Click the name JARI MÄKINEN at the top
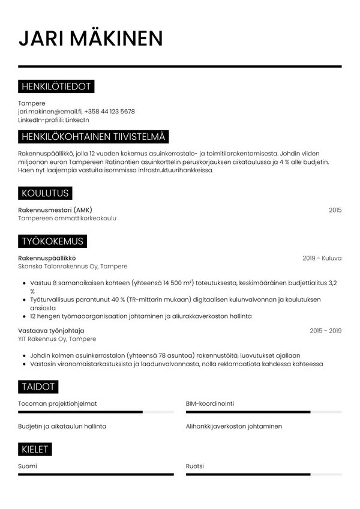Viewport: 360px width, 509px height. pyautogui.click(x=91, y=38)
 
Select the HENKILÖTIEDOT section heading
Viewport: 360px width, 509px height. pyautogui.click(x=56, y=87)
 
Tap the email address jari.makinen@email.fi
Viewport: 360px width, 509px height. pyautogui.click(x=50, y=112)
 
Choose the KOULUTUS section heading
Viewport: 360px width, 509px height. pyautogui.click(x=45, y=193)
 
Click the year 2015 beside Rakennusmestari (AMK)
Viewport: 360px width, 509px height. pyautogui.click(x=335, y=210)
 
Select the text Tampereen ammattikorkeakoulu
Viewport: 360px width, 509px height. pyautogui.click(x=67, y=218)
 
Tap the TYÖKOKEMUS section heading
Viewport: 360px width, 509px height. pyautogui.click(x=52, y=241)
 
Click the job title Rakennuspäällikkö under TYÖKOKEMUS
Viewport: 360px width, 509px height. pyautogui.click(x=51, y=258)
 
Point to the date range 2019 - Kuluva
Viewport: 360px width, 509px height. pyautogui.click(x=322, y=258)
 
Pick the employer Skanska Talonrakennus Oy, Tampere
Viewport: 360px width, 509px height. pyautogui.click(x=73, y=267)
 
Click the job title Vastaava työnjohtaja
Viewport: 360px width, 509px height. pyautogui.click(x=51, y=331)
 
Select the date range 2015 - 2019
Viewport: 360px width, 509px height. pyautogui.click(x=325, y=331)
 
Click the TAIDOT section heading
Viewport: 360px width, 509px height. pyautogui.click(x=38, y=387)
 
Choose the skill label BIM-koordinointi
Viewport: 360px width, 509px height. pyautogui.click(x=210, y=403)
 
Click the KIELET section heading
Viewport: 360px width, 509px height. pyautogui.click(x=35, y=450)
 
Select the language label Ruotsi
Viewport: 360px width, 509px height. pyautogui.click(x=195, y=466)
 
